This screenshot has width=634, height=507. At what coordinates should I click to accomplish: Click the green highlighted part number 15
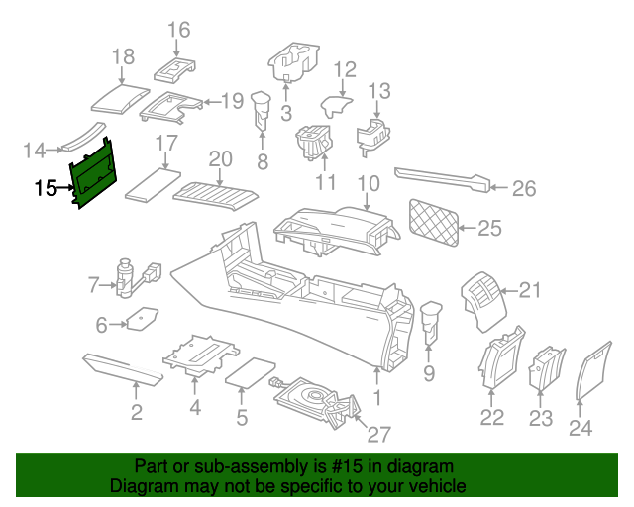[x=95, y=174]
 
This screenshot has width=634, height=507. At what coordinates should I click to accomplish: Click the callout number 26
[x=523, y=188]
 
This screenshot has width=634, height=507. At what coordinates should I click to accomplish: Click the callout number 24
[x=581, y=427]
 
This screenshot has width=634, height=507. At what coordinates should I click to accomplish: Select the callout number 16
[x=178, y=30]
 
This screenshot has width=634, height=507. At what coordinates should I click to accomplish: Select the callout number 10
[x=368, y=183]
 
